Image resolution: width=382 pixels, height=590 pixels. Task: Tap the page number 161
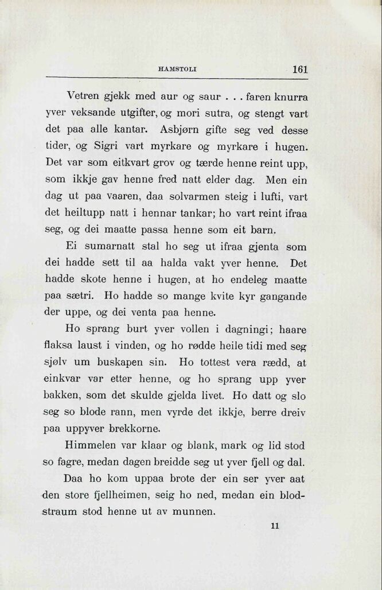300,69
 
